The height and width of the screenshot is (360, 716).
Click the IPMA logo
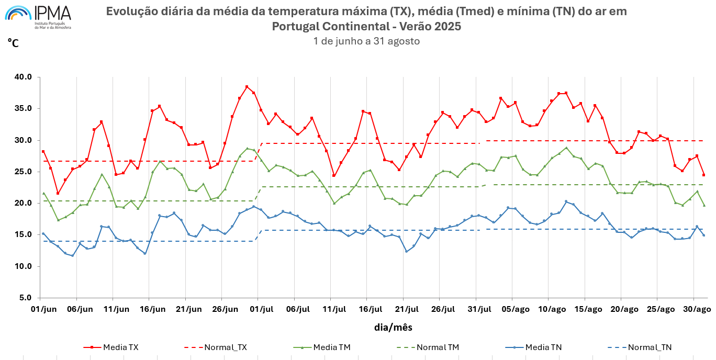click(x=38, y=17)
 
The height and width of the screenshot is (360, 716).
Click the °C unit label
click(x=13, y=43)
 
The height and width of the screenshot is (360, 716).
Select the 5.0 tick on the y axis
click(x=24, y=298)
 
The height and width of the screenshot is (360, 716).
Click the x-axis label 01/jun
click(x=43, y=309)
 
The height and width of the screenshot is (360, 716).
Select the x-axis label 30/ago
click(x=697, y=309)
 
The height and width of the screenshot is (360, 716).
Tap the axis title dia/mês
click(x=393, y=328)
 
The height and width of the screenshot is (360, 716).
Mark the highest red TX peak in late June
click(x=247, y=87)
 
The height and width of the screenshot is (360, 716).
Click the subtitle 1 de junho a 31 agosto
click(x=366, y=41)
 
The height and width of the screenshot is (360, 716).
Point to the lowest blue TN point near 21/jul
click(x=406, y=251)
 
